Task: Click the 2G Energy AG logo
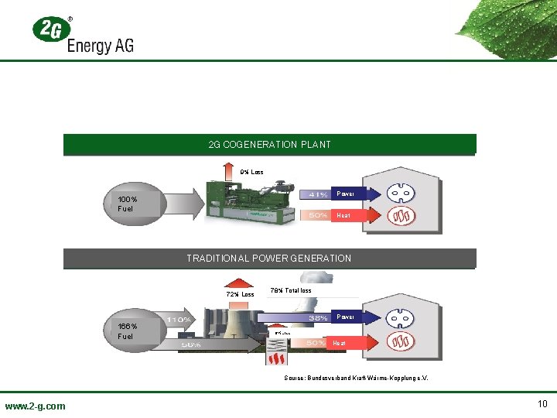pyautogui.click(x=83, y=35)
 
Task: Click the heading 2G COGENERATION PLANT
pyautogui.click(x=269, y=145)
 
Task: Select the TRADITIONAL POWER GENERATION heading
pyautogui.click(x=269, y=259)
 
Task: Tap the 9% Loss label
pyautogui.click(x=251, y=172)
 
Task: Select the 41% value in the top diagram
pyautogui.click(x=318, y=194)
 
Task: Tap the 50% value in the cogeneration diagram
pyautogui.click(x=318, y=215)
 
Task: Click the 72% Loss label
pyautogui.click(x=240, y=294)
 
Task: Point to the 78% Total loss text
pyautogui.click(x=291, y=291)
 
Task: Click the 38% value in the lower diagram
pyautogui.click(x=318, y=318)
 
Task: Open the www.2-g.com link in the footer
pyautogui.click(x=35, y=406)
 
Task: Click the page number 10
pyautogui.click(x=542, y=404)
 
